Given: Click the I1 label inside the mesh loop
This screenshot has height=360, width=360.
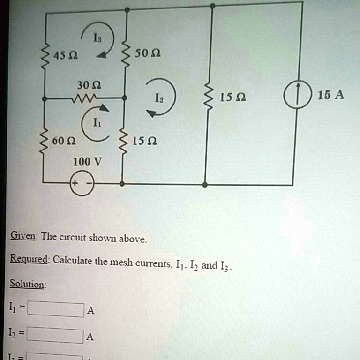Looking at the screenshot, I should (96, 124).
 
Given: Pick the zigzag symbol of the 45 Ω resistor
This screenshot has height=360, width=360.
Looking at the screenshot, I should (45, 56).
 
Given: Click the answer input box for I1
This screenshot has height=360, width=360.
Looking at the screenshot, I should (55, 309).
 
